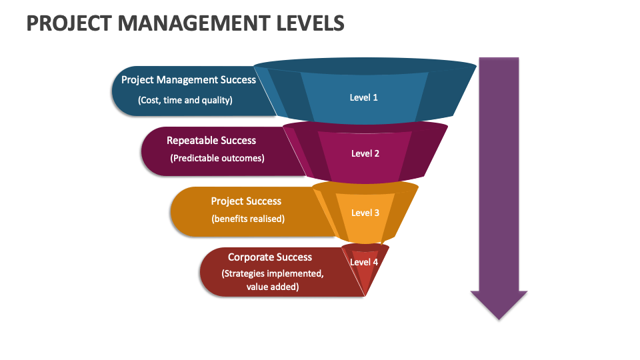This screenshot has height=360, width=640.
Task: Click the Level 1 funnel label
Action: (364, 97)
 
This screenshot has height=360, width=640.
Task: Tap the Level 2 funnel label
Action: (365, 153)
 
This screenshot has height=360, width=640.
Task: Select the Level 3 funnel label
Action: (365, 213)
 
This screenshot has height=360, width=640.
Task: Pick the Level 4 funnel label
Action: (364, 262)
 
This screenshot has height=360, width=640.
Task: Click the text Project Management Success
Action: (188, 79)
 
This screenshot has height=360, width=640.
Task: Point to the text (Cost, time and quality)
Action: (185, 100)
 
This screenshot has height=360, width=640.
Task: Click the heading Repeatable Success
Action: (211, 140)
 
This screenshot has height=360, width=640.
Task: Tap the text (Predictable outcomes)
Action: (217, 158)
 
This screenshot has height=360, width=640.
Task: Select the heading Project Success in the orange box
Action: (246, 201)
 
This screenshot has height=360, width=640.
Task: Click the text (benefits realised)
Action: (248, 219)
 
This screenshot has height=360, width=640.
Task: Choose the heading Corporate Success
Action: (270, 257)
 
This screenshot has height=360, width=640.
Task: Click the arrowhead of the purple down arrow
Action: (499, 303)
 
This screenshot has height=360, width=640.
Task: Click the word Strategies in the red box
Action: (247, 273)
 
